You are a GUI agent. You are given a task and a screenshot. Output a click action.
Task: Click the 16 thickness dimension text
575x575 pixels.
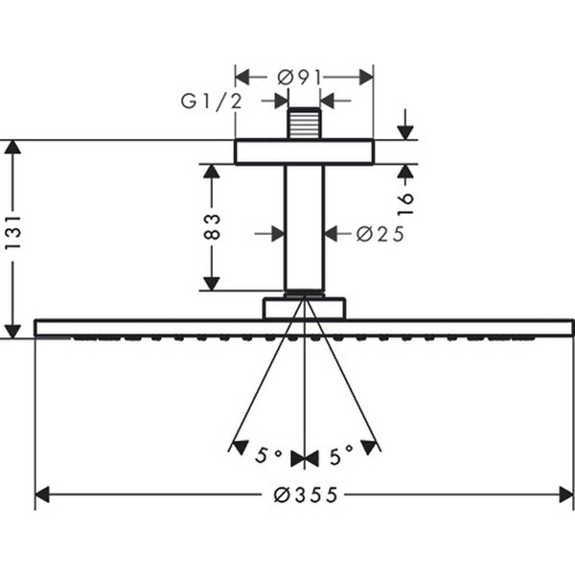coord(405,201)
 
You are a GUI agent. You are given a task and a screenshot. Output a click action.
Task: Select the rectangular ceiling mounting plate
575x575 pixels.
coord(304,151)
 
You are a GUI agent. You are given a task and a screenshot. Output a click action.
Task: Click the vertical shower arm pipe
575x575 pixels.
coord(304,225)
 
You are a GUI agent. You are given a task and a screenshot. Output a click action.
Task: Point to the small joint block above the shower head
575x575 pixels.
coord(304,308)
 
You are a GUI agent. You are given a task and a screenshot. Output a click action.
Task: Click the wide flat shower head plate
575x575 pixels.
coord(304,328)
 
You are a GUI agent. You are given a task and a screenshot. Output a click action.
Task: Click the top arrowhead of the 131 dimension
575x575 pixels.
coord(12,147)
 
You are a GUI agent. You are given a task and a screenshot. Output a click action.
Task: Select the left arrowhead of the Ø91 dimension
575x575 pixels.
coord(241,76)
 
